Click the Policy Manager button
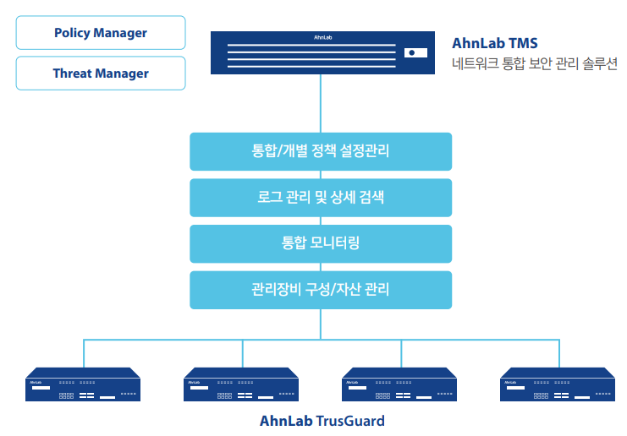pos(101,33)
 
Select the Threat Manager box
pos(101,74)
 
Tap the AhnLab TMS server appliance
pos(320,53)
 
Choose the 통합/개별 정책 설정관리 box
pos(321,151)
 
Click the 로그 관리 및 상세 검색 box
pos(321,197)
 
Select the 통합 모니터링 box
pos(321,243)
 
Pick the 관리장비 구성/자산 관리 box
pos(321,289)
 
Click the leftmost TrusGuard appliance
pos(84,384)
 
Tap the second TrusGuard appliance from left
pos(242,384)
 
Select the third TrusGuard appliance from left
pos(399,384)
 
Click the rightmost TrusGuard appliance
pos(558,384)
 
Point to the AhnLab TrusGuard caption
pos(322,421)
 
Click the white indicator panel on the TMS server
pos(413,52)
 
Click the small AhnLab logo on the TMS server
pos(320,37)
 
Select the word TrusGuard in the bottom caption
pos(350,421)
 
